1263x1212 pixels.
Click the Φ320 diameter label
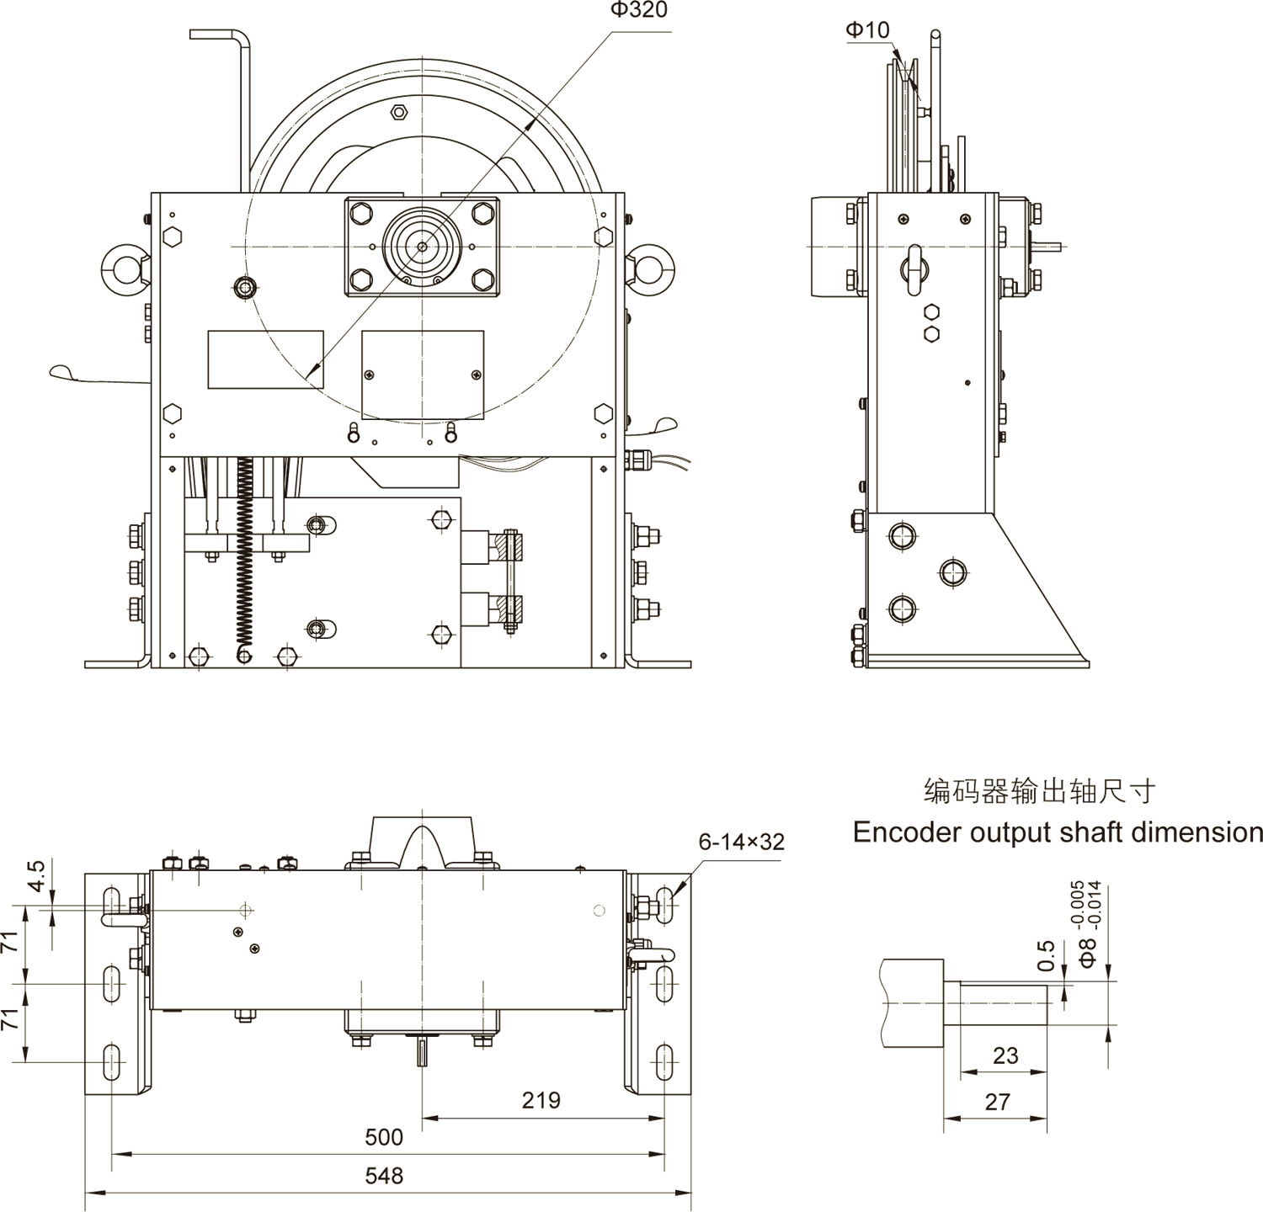coord(639,10)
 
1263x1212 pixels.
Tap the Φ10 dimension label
coord(867,30)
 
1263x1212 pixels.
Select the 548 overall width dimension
coord(384,1175)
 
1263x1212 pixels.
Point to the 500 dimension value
coord(384,1137)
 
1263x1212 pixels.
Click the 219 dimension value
coord(541,1100)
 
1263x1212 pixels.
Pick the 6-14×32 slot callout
coord(741,842)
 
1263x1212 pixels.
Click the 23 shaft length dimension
coord(1005,1055)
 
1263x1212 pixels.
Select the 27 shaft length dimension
coord(997,1102)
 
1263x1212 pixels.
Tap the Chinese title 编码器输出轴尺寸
coord(1040,791)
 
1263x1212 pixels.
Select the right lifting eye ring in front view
coord(653,263)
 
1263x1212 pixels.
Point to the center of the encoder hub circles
coord(422,247)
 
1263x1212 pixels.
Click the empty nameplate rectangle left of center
coord(265,359)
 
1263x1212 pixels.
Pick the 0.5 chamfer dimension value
coord(1046,956)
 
